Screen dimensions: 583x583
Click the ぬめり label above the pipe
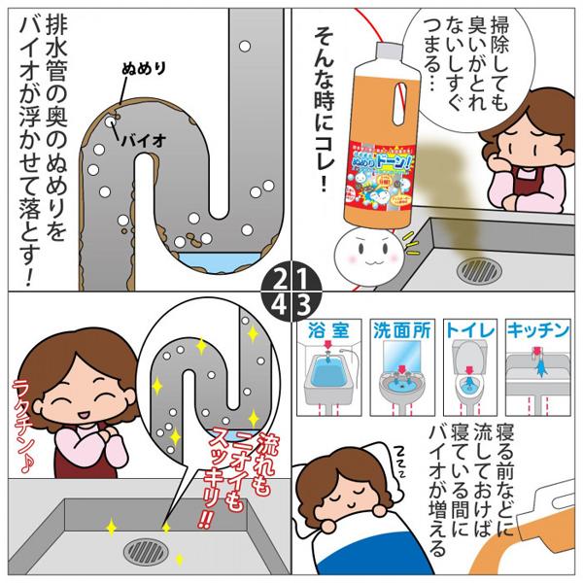coord(146,71)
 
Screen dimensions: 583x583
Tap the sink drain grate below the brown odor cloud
coord(475,266)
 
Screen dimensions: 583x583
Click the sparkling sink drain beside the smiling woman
coord(145,553)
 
